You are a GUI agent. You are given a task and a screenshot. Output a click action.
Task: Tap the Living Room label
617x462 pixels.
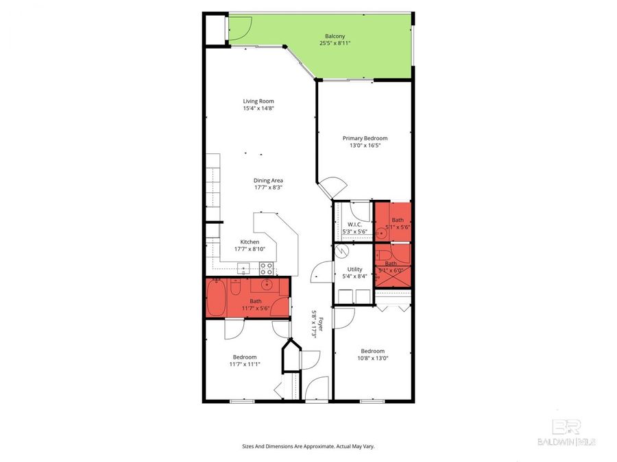[258, 101]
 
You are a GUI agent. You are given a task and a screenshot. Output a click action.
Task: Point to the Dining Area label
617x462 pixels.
[268, 181]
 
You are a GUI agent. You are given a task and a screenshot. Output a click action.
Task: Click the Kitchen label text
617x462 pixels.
[249, 242]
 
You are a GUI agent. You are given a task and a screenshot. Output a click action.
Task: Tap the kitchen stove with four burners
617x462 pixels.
[267, 268]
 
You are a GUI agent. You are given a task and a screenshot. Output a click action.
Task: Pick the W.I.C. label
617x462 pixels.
[354, 224]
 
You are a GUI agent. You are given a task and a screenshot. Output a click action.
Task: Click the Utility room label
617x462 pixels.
[354, 269]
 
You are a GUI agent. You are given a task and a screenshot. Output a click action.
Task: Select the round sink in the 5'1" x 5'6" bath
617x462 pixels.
[382, 233]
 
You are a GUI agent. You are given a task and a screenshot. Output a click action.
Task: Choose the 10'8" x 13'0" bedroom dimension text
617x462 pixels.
[373, 358]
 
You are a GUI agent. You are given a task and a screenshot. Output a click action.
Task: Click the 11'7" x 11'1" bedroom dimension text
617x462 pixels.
[245, 364]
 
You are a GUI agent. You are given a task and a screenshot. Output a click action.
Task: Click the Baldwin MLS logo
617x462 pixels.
[566, 433]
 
